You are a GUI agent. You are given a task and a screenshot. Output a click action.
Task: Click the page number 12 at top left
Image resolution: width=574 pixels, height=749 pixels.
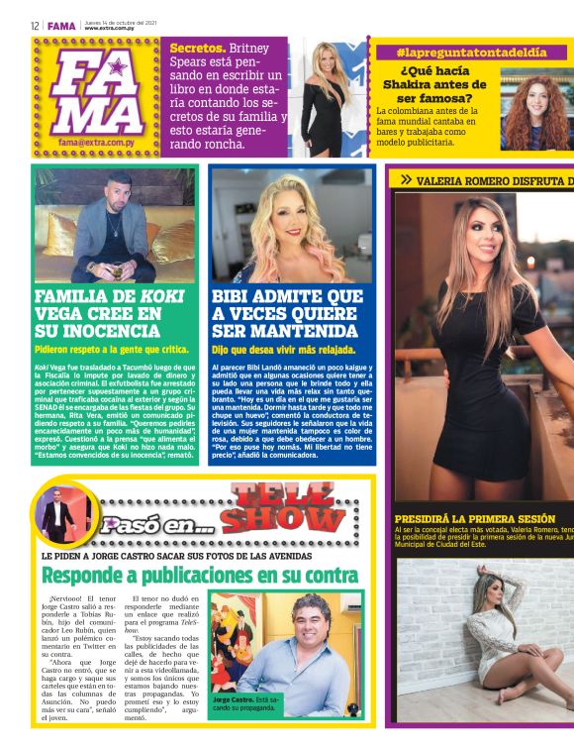[34, 26]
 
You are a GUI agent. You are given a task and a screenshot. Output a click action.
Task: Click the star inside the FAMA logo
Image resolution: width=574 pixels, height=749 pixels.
[118, 67]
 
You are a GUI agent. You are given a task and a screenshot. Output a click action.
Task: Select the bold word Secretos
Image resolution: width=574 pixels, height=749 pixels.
[197, 48]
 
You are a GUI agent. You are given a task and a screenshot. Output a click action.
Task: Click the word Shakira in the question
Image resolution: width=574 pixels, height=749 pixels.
[423, 84]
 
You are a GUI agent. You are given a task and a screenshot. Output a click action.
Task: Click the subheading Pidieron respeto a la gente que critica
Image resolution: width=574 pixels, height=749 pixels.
[111, 350]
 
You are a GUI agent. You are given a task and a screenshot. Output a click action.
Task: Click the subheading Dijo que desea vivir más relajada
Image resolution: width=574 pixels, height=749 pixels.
[284, 350]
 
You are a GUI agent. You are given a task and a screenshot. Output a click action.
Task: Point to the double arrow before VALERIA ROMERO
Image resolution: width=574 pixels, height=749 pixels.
[405, 180]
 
